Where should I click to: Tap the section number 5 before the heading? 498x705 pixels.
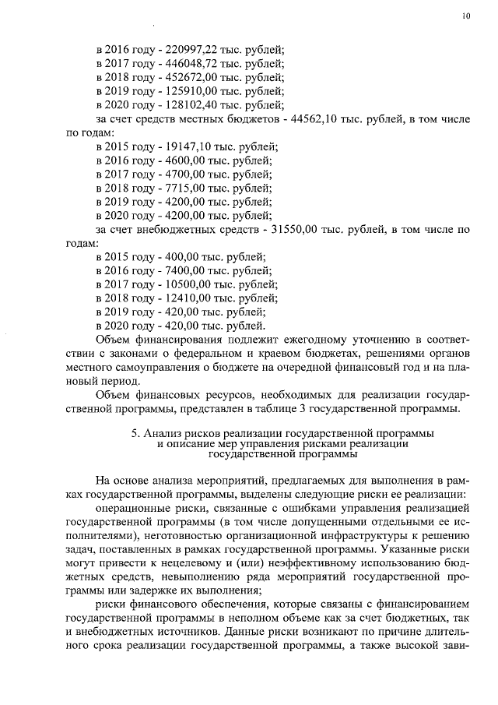(x=135, y=432)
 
